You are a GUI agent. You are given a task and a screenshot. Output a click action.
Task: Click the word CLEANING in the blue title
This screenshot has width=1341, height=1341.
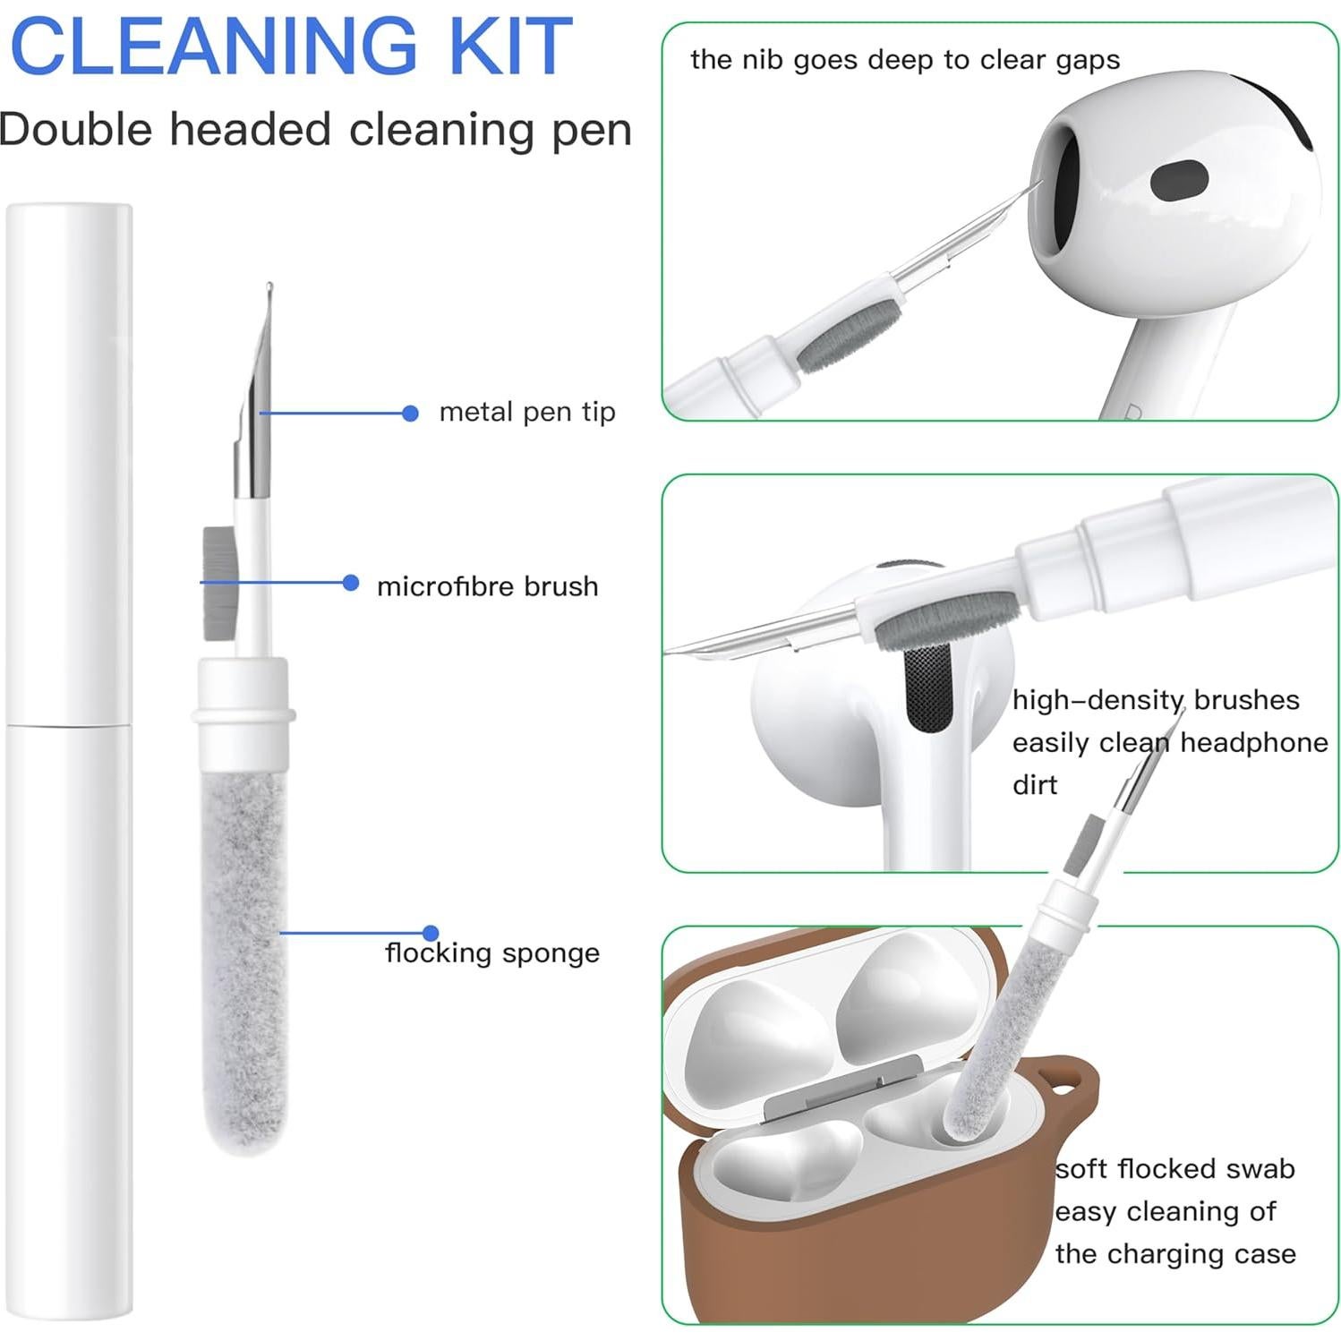coord(213,47)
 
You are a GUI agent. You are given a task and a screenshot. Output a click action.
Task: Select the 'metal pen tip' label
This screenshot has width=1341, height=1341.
coord(526,412)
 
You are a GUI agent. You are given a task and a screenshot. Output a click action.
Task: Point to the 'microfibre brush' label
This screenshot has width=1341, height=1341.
coord(487,586)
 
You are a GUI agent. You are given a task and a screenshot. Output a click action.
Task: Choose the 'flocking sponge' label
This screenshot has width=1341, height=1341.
coord(491,952)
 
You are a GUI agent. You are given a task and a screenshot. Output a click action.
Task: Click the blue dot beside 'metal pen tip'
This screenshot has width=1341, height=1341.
coord(410,413)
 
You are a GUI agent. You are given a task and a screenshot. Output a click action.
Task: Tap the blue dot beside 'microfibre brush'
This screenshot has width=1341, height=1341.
coord(351,583)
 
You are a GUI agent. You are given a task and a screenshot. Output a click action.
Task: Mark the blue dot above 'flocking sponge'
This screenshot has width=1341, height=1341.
coord(431,933)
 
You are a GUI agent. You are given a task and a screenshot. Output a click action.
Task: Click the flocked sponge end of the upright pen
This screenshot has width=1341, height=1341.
coord(244,958)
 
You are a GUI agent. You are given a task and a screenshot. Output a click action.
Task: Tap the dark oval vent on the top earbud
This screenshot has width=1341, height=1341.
coord(1179,182)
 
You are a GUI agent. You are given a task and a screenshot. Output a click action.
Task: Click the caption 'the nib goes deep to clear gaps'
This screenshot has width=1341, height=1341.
coord(904,60)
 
